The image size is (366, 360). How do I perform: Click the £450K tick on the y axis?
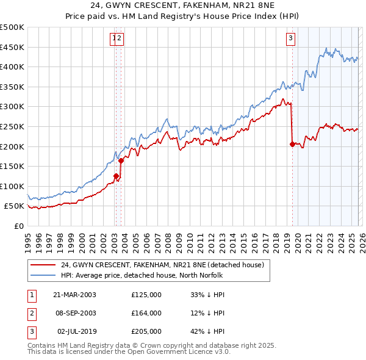pyautogui.click(x=12, y=47)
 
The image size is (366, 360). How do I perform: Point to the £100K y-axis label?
pyautogui.click(x=12, y=186)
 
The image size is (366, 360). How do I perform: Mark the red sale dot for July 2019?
pyautogui.click(x=292, y=145)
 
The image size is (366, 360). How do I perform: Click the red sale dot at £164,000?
pyautogui.click(x=121, y=160)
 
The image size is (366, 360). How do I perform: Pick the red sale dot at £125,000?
pyautogui.click(x=116, y=176)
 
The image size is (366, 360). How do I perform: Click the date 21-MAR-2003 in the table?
pyautogui.click(x=74, y=295)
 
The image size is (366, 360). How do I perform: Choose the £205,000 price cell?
pyautogui.click(x=146, y=331)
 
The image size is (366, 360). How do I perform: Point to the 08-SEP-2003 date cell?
pyautogui.click(x=74, y=313)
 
